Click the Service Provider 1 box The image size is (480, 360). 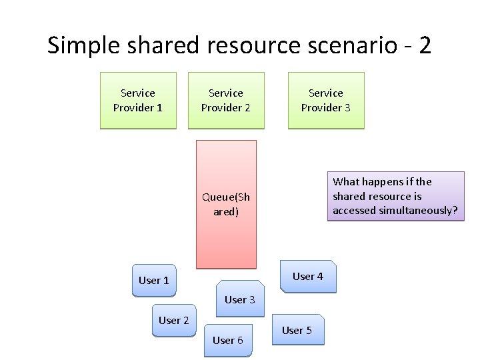(138, 100)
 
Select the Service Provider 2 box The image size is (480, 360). (226, 100)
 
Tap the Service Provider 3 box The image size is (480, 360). (326, 100)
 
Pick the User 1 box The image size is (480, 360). (153, 280)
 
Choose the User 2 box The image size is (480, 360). (173, 321)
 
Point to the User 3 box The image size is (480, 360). (239, 300)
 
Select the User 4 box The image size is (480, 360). (307, 276)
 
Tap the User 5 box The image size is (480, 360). (297, 330)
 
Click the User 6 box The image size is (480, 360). (227, 340)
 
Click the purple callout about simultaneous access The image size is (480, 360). (395, 196)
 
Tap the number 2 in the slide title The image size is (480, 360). (425, 46)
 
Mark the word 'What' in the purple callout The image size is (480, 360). (345, 181)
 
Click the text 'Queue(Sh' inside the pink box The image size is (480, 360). (226, 197)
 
